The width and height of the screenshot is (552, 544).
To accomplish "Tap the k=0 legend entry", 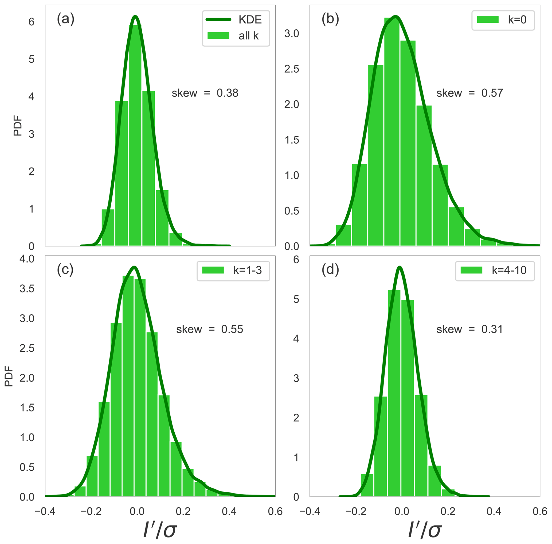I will pyautogui.click(x=503, y=20).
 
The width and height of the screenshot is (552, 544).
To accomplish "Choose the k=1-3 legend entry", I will pyautogui.click(x=233, y=270).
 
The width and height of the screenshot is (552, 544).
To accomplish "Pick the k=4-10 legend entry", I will pyautogui.click(x=495, y=270).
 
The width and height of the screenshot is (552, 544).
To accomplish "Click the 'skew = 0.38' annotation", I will pyautogui.click(x=205, y=93).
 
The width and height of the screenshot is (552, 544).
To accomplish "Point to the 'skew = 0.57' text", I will pyautogui.click(x=469, y=93).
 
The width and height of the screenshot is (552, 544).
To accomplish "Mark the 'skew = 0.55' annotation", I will pyautogui.click(x=209, y=330).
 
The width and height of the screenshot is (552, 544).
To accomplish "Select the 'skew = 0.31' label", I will pyautogui.click(x=469, y=330).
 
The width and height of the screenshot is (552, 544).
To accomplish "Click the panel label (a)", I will pyautogui.click(x=65, y=19).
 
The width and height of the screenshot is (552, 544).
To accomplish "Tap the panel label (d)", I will pyautogui.click(x=330, y=270).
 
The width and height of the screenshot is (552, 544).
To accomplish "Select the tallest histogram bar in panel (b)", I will pyautogui.click(x=392, y=131).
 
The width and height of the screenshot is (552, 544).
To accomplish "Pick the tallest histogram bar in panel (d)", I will pyautogui.click(x=394, y=394).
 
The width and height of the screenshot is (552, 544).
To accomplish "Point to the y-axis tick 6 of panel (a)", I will pyautogui.click(x=31, y=22).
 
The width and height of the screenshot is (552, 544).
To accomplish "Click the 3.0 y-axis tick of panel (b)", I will pyautogui.click(x=291, y=34).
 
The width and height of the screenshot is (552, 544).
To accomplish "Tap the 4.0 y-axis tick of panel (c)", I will pyautogui.click(x=27, y=259).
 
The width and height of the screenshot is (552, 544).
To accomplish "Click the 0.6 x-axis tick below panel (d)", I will pyautogui.click(x=540, y=511).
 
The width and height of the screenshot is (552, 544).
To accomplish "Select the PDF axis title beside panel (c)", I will pyautogui.click(x=9, y=376).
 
